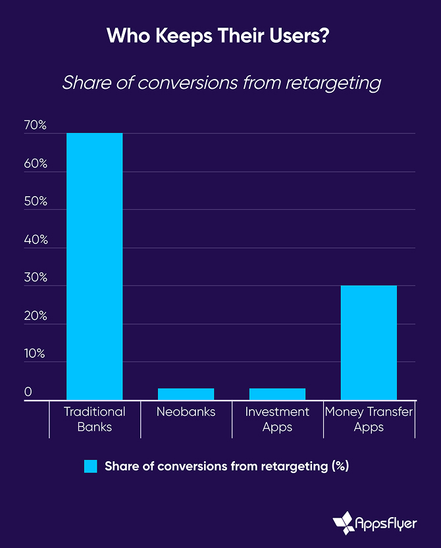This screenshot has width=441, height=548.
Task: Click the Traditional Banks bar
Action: point(94,266)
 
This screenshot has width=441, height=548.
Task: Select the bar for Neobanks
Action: point(186,394)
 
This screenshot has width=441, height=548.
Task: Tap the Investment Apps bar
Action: point(277,394)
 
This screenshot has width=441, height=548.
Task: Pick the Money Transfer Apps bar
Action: point(369,342)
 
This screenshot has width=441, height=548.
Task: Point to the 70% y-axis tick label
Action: point(36,125)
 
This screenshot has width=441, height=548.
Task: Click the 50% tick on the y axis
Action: point(36,201)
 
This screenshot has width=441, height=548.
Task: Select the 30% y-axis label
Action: point(36,278)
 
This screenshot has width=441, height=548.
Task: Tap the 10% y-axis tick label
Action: point(36,354)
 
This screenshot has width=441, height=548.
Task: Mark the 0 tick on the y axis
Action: point(28,392)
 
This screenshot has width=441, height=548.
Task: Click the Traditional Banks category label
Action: point(94,419)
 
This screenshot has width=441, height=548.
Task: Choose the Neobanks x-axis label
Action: point(186,412)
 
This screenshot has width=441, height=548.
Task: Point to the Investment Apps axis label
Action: point(277,419)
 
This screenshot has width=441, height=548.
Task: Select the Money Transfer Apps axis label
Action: point(369,419)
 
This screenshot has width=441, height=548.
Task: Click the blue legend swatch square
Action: point(91,466)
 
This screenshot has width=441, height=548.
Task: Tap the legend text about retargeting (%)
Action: point(226,466)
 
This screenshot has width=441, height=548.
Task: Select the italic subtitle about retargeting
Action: point(221,83)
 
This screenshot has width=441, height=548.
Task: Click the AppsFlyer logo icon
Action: point(344,522)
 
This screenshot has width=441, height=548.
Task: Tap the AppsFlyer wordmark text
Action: point(387,522)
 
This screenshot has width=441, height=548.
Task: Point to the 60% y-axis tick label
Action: point(36,163)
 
